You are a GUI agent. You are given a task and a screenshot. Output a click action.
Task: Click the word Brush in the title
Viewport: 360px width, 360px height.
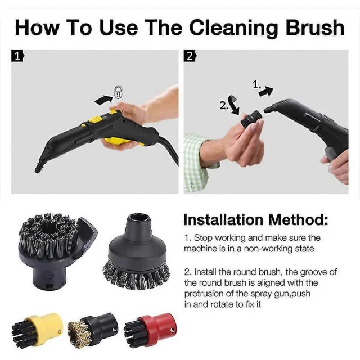315,28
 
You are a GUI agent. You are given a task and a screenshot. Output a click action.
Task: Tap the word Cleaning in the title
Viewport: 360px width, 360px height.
234,28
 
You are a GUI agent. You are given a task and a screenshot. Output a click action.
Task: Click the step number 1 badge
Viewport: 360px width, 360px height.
17,56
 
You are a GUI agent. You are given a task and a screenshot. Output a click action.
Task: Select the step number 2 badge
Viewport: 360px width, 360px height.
190,56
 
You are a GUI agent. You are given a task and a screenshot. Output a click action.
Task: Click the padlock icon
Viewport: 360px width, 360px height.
119,92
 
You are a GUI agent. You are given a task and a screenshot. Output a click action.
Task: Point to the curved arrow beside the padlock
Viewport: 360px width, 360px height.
103,100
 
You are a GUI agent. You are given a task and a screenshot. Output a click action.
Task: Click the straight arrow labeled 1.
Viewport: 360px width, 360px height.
266,92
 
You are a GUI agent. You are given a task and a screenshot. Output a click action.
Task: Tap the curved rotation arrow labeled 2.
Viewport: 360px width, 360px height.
234,105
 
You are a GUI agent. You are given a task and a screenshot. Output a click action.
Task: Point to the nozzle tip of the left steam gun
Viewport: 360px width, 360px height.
38,169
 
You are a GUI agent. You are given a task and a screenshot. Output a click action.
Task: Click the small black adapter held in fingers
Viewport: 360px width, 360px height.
252,119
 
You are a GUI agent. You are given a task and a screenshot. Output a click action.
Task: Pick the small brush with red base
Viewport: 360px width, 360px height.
151,328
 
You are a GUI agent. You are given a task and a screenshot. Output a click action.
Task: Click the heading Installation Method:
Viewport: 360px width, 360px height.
256,220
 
